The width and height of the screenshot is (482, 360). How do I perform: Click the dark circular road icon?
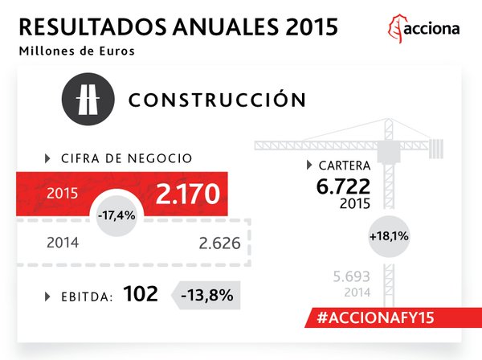(84, 101)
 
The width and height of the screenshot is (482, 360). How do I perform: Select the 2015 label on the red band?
(62, 194)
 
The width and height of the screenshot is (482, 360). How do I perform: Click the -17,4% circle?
(116, 217)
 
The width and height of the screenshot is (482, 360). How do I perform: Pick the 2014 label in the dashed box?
(62, 242)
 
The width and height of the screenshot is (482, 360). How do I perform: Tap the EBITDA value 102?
(141, 294)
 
